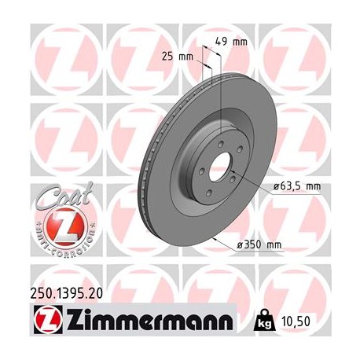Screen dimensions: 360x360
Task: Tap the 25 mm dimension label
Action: coord(182,57)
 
